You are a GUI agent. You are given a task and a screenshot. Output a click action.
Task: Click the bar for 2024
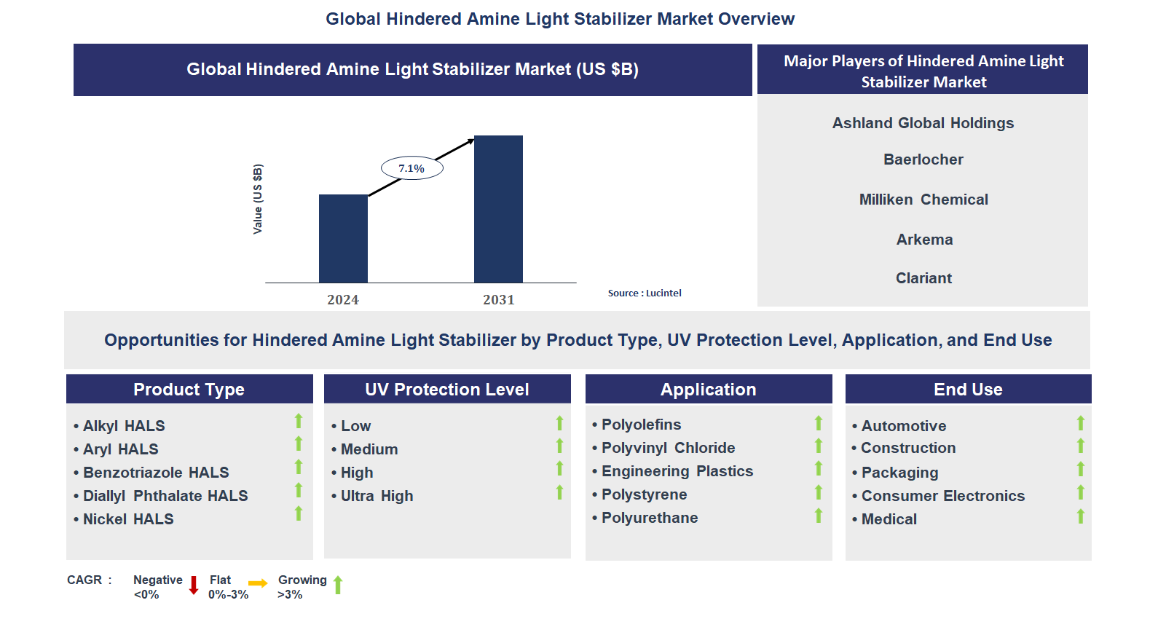pyautogui.click(x=343, y=238)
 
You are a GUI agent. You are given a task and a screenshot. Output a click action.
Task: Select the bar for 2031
pyautogui.click(x=498, y=209)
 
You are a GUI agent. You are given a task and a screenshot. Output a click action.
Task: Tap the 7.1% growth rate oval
pyautogui.click(x=411, y=168)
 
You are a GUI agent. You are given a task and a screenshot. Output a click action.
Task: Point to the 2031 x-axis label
pyautogui.click(x=498, y=300)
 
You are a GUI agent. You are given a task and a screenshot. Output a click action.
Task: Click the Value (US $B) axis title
pyautogui.click(x=257, y=199)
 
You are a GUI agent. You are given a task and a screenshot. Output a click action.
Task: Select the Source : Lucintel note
pyautogui.click(x=645, y=293)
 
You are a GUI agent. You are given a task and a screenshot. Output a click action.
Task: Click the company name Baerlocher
pyautogui.click(x=923, y=159)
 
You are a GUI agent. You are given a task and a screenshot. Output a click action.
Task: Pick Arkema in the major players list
pyautogui.click(x=924, y=240)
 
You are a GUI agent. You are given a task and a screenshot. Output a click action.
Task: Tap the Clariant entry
pyautogui.click(x=923, y=278)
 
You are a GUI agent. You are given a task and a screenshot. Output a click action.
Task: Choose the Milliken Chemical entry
pyautogui.click(x=923, y=200)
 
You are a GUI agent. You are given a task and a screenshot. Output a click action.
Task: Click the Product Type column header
pyautogui.click(x=189, y=390)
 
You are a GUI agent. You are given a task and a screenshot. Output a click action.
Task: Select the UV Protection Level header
pyautogui.click(x=446, y=390)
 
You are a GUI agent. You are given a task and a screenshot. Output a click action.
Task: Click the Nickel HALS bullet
pyautogui.click(x=127, y=519)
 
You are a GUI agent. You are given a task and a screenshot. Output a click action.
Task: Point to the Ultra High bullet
pyautogui.click(x=377, y=496)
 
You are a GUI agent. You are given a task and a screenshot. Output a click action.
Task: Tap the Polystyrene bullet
pyautogui.click(x=644, y=494)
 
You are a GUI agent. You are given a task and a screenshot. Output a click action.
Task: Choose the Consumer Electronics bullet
pyautogui.click(x=942, y=496)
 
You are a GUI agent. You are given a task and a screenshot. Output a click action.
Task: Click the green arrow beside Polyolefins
pyautogui.click(x=819, y=423)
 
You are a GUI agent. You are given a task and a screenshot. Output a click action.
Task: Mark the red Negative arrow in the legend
pyautogui.click(x=194, y=585)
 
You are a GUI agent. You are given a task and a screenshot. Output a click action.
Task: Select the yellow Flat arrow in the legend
pyautogui.click(x=258, y=583)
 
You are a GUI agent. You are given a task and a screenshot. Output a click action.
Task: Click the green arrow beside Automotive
pyautogui.click(x=1081, y=423)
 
